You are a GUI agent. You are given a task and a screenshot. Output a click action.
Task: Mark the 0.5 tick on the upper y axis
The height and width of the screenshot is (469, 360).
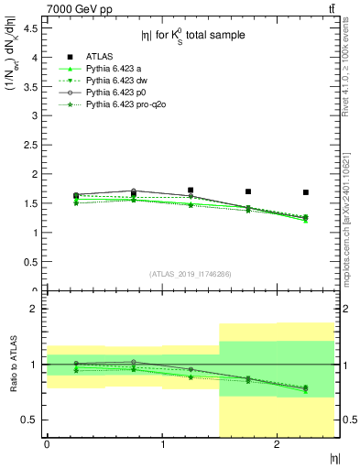pyautogui.click(x=30, y=262)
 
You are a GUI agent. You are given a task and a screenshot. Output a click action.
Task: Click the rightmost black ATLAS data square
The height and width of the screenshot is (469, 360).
pyautogui.click(x=306, y=192)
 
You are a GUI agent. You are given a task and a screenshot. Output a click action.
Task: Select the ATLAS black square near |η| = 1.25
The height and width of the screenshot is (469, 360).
pyautogui.click(x=191, y=191)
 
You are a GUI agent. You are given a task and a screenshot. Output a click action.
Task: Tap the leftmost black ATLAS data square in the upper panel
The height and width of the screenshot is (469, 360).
pyautogui.click(x=76, y=196)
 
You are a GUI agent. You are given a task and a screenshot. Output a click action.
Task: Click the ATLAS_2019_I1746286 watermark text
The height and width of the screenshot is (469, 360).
pyautogui.click(x=191, y=274)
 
